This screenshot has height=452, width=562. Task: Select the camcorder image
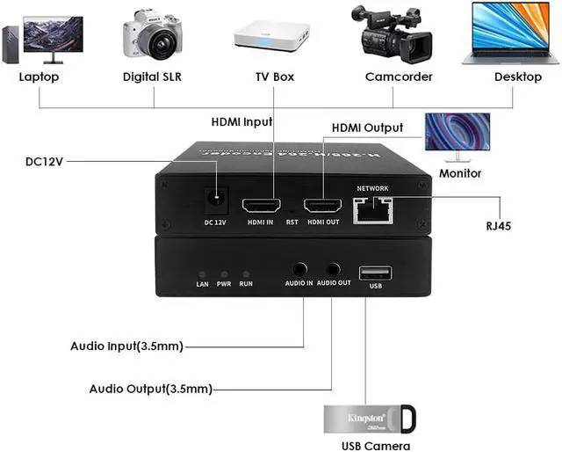click(x=393, y=35)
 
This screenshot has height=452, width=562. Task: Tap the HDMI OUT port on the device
click(x=321, y=206)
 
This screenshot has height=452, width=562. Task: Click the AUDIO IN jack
click(x=300, y=270)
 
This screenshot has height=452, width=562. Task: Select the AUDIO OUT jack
click(x=333, y=270)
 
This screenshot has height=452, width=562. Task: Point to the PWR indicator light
click(x=224, y=274)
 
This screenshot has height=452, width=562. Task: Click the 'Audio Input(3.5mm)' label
click(x=126, y=346)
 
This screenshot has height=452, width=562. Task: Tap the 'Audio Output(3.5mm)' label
click(x=150, y=389)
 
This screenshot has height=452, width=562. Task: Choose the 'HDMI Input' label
click(x=241, y=121)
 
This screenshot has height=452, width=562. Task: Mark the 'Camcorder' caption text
click(x=399, y=77)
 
